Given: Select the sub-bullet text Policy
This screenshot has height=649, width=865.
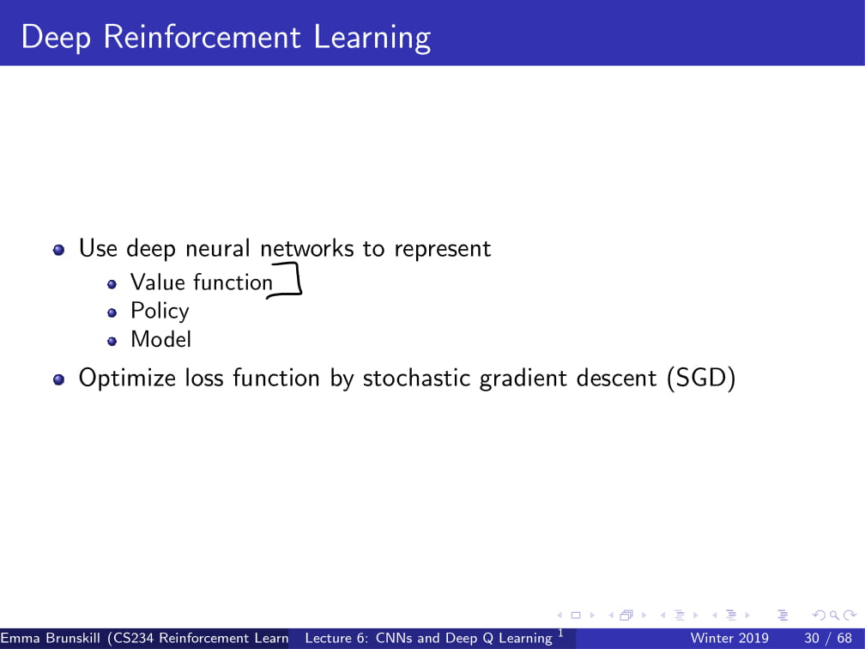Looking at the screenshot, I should [160, 311].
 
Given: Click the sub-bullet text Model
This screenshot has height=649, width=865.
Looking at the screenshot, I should [160, 339].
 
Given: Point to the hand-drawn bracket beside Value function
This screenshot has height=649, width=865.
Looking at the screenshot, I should [292, 282].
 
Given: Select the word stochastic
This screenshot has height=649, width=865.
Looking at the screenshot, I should [417, 379].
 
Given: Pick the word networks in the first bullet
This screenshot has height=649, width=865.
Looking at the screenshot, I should [306, 249].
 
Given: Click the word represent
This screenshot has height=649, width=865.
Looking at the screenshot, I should [442, 249].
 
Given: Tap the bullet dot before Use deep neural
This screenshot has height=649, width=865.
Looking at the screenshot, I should [59, 250].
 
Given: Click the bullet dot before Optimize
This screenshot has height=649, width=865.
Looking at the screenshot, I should [59, 379].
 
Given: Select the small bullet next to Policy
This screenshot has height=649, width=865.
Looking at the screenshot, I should [112, 312].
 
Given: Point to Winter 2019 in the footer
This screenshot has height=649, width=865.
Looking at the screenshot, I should [729, 639].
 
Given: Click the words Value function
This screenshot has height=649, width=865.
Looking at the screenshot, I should [201, 282].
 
